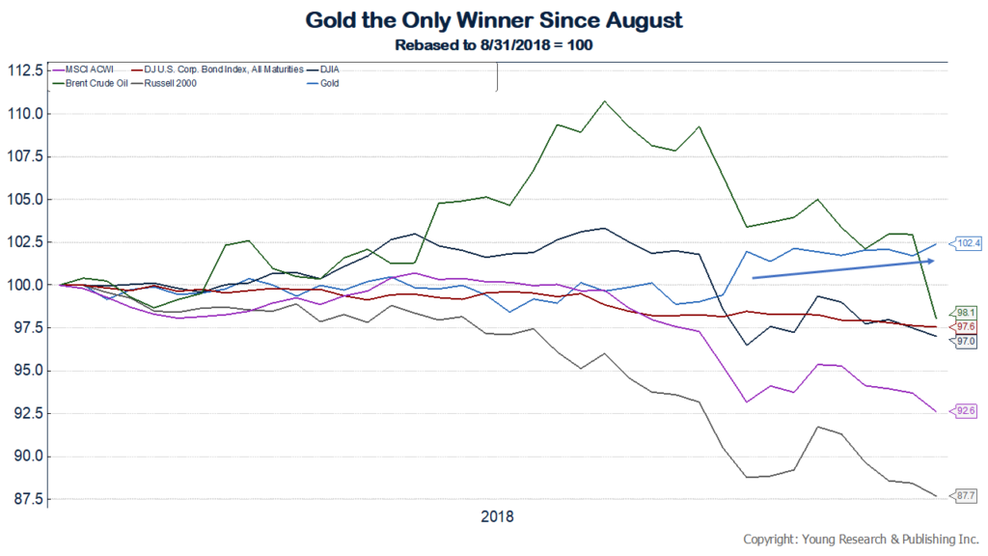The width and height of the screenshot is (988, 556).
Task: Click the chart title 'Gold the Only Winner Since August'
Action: (x=494, y=18)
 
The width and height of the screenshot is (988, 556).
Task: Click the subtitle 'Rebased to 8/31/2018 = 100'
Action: (x=494, y=43)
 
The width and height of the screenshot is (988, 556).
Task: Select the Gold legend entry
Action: (x=327, y=83)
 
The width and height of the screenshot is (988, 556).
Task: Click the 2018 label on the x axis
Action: (x=497, y=516)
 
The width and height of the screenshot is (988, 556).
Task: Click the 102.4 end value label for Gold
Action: (x=967, y=243)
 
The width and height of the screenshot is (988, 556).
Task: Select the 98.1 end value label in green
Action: (x=964, y=313)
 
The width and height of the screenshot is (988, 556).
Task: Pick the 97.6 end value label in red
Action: (x=964, y=327)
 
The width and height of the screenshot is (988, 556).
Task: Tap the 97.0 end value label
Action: (x=964, y=342)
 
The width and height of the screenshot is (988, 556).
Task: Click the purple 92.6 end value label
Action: (x=964, y=411)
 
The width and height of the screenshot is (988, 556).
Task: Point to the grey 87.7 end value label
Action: (x=964, y=495)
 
